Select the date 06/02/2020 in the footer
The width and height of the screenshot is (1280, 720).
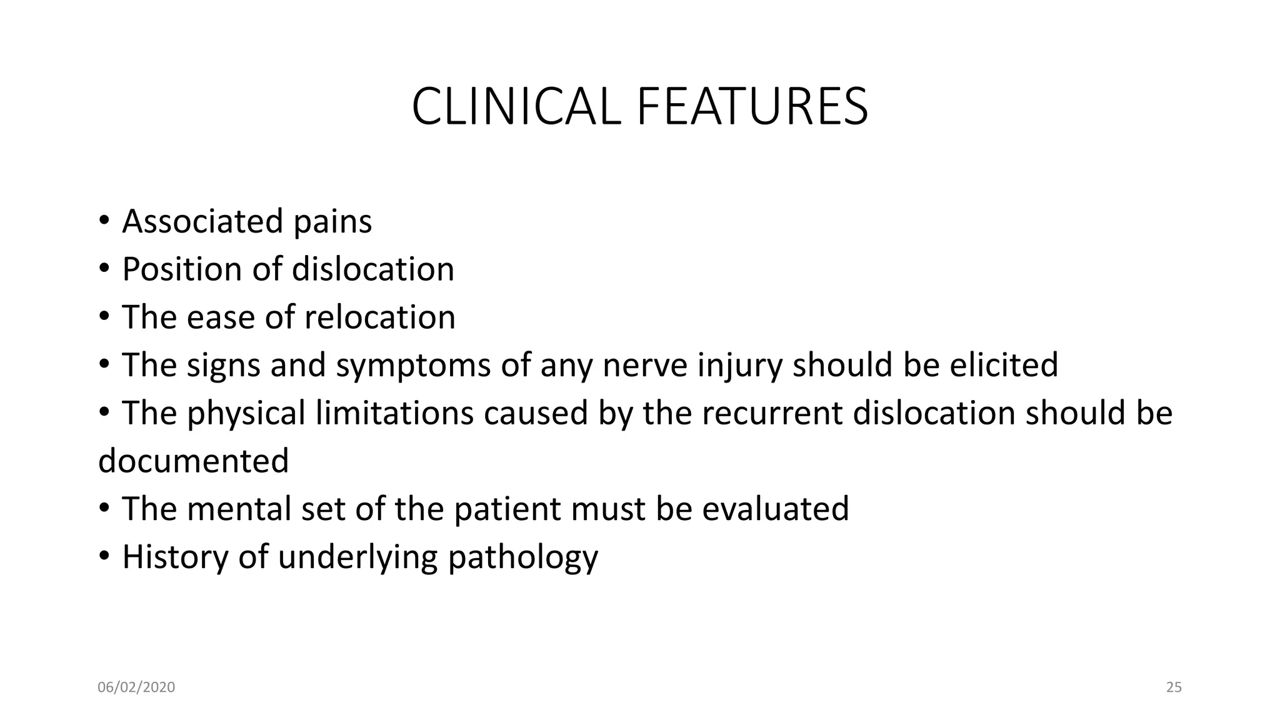point(136,687)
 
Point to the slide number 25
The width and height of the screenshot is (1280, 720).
point(1174,687)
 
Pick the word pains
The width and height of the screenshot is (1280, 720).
point(332,222)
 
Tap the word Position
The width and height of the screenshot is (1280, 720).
point(182,269)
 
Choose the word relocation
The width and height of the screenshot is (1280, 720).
point(379,317)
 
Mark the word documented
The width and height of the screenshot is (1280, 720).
point(194,461)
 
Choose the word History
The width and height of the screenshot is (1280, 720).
point(175,557)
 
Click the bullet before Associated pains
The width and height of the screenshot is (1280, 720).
point(104,221)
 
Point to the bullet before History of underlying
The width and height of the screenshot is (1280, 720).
point(104,556)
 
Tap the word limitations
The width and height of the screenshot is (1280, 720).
point(394,413)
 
